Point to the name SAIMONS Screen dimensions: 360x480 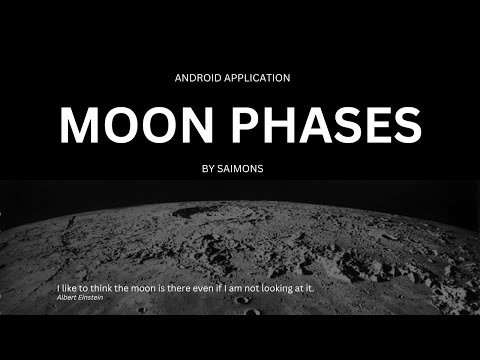pos(247,169)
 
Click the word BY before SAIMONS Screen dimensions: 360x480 pos(208,169)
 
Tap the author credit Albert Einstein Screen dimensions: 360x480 pos(82,298)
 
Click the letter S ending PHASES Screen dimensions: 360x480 pos(405,124)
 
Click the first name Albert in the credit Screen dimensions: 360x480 pos(70,298)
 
